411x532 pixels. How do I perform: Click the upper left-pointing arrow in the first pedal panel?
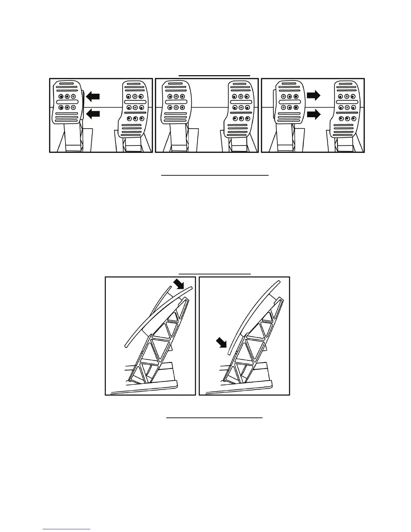pos(93,97)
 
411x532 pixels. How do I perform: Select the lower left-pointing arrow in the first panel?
pos(93,114)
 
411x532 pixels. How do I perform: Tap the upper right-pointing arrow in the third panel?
pos(314,96)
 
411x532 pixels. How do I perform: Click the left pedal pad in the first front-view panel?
pos(67,102)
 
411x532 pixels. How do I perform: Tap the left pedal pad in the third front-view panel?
pos(289,102)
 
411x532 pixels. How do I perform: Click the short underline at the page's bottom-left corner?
pos(66,529)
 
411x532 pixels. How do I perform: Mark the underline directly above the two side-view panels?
pos(215,274)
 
